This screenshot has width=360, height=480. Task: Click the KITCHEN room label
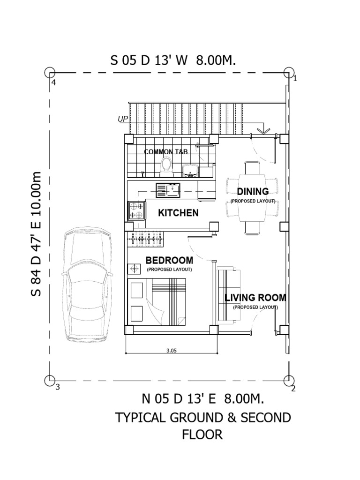(178, 213)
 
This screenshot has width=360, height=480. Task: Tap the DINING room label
(253, 191)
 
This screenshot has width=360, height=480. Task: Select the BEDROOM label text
(169, 260)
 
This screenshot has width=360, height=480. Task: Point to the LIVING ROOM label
(255, 298)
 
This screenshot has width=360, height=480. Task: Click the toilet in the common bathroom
(165, 165)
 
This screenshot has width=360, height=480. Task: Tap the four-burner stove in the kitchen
(135, 210)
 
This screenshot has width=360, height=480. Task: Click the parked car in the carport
(88, 285)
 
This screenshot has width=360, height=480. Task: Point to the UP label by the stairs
(123, 120)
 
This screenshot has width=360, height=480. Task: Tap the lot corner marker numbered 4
(50, 73)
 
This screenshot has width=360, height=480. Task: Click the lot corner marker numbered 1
(288, 73)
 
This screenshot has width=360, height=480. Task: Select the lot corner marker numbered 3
(50, 381)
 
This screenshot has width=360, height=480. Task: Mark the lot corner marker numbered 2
(288, 381)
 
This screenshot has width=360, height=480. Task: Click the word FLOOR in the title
(202, 435)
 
